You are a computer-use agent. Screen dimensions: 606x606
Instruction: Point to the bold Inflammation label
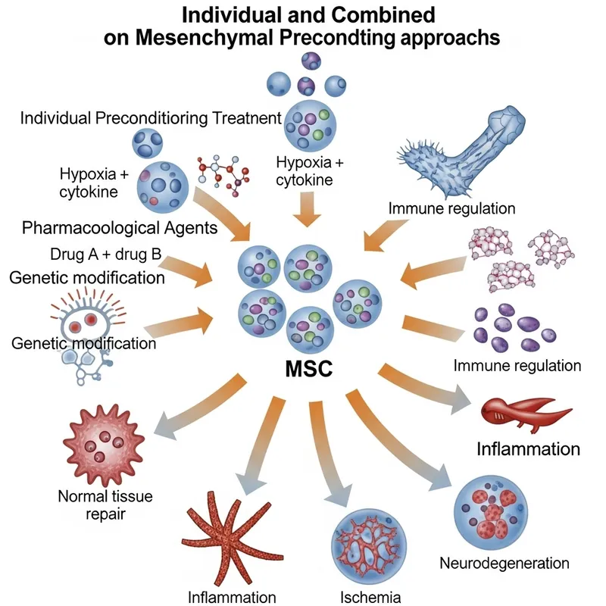point(528,448)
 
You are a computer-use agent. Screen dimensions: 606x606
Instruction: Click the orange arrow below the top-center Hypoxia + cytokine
point(306,210)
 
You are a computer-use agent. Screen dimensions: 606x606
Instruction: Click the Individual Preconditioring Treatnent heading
point(151,118)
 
